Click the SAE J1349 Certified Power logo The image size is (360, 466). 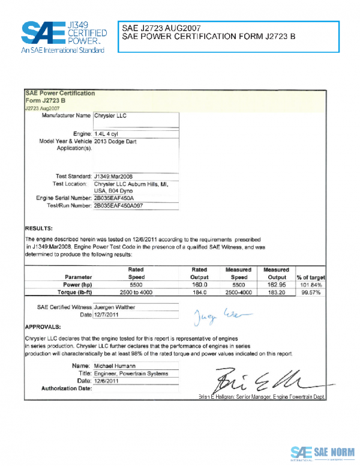tap(64, 37)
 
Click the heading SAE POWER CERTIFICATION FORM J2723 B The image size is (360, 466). tap(208, 37)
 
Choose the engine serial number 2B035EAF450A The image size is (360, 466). tap(118, 198)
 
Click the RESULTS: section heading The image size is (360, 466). tap(38, 229)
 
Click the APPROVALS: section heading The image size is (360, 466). tap(43, 327)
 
